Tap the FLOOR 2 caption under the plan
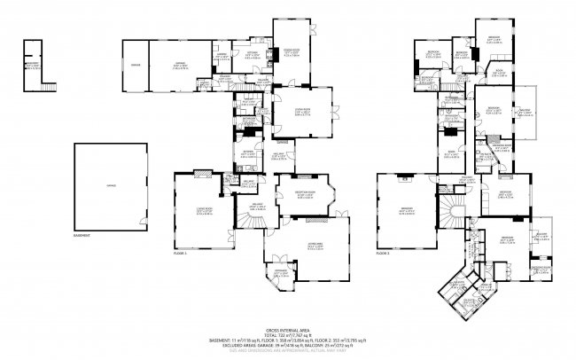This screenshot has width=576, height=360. coord(384,254)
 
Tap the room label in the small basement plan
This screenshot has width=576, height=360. coord(32,65)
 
